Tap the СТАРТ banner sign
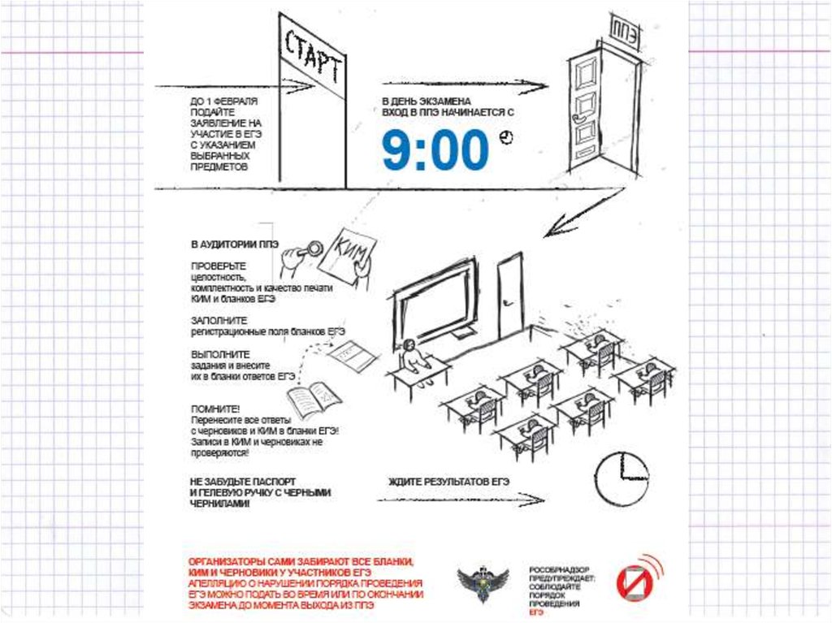[x=312, y=57]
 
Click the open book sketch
[x=314, y=400]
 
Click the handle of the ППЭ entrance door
[x=580, y=117]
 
